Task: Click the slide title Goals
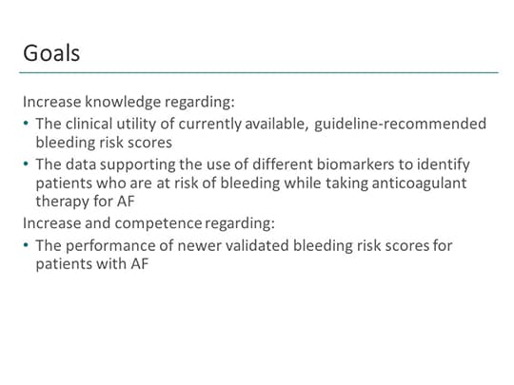(x=51, y=52)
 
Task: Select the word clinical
(x=90, y=124)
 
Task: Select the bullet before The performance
(x=25, y=246)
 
